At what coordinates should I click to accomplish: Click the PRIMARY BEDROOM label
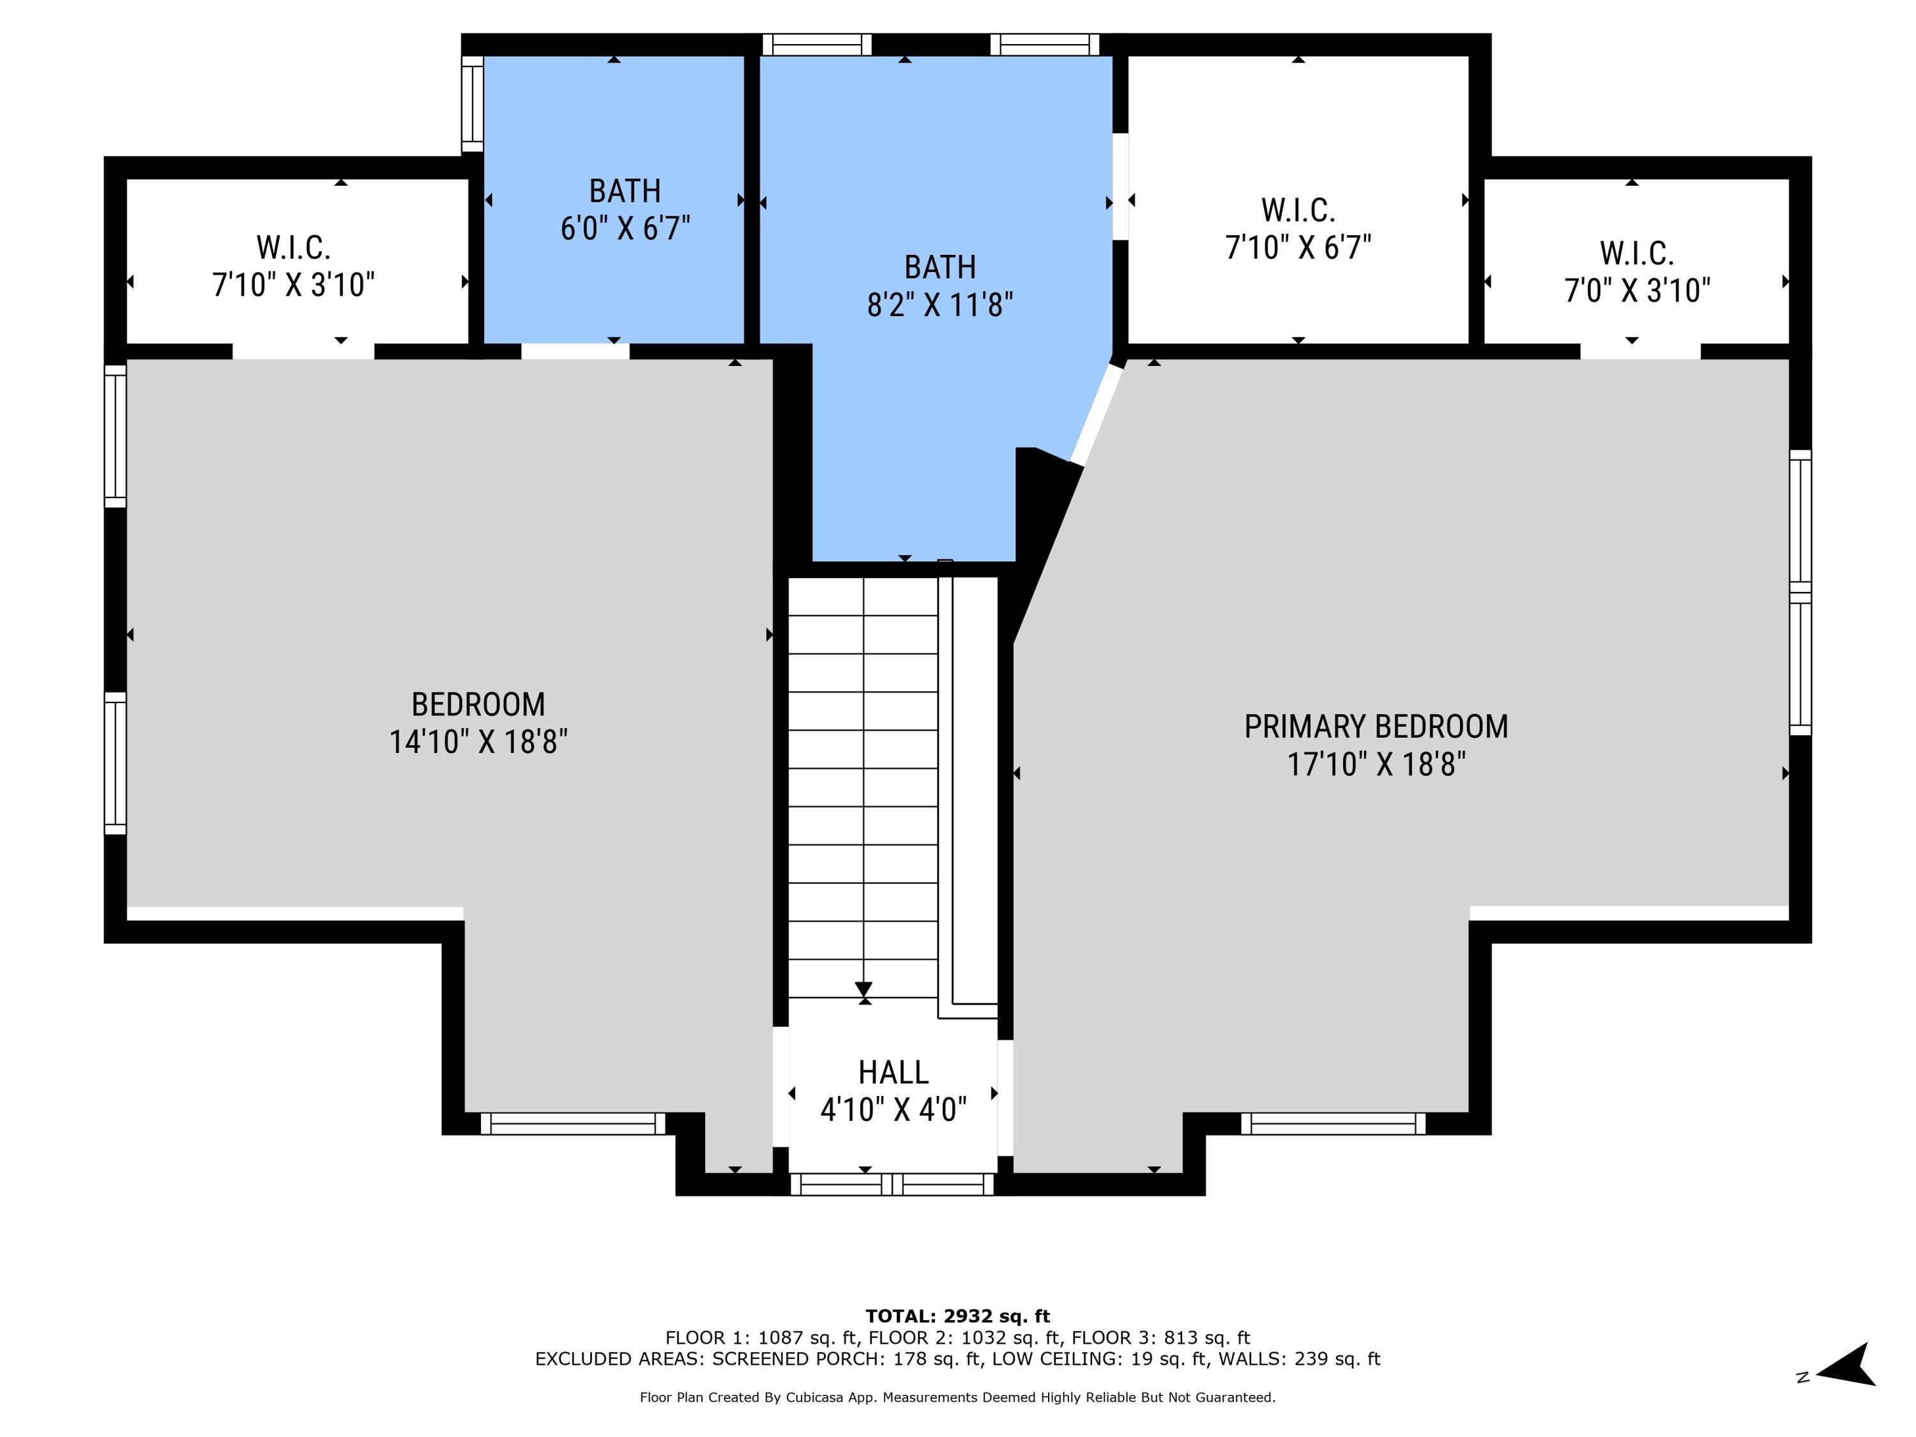(1376, 727)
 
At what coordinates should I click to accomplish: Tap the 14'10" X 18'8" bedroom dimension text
(478, 742)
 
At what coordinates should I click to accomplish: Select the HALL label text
(893, 1072)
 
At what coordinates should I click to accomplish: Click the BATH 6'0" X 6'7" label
(625, 209)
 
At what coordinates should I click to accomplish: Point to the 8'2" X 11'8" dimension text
(940, 305)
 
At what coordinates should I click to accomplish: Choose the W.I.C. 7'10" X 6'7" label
(1298, 229)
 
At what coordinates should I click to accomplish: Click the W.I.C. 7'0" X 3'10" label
(1636, 271)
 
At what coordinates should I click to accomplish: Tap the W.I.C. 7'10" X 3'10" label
(294, 266)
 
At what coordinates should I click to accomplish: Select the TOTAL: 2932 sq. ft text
(957, 1316)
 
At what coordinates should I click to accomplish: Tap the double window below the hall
(892, 1184)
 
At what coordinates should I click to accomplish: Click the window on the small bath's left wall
(472, 104)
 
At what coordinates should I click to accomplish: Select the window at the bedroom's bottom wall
(572, 1124)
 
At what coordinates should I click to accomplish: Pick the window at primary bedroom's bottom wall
(1332, 1124)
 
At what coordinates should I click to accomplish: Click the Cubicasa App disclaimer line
(957, 1397)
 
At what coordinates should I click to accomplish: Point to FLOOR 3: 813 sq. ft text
(1160, 1337)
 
